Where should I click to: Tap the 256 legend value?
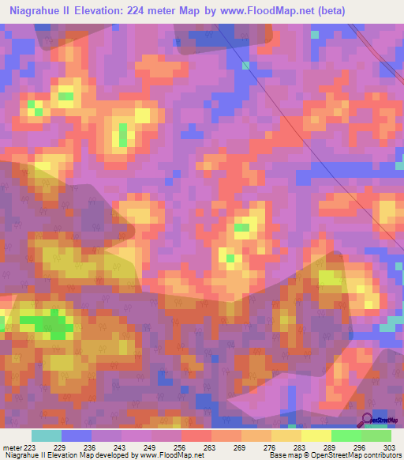coord(181,447)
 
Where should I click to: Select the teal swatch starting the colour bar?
coord(47,435)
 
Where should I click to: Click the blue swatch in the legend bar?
coord(77,435)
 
